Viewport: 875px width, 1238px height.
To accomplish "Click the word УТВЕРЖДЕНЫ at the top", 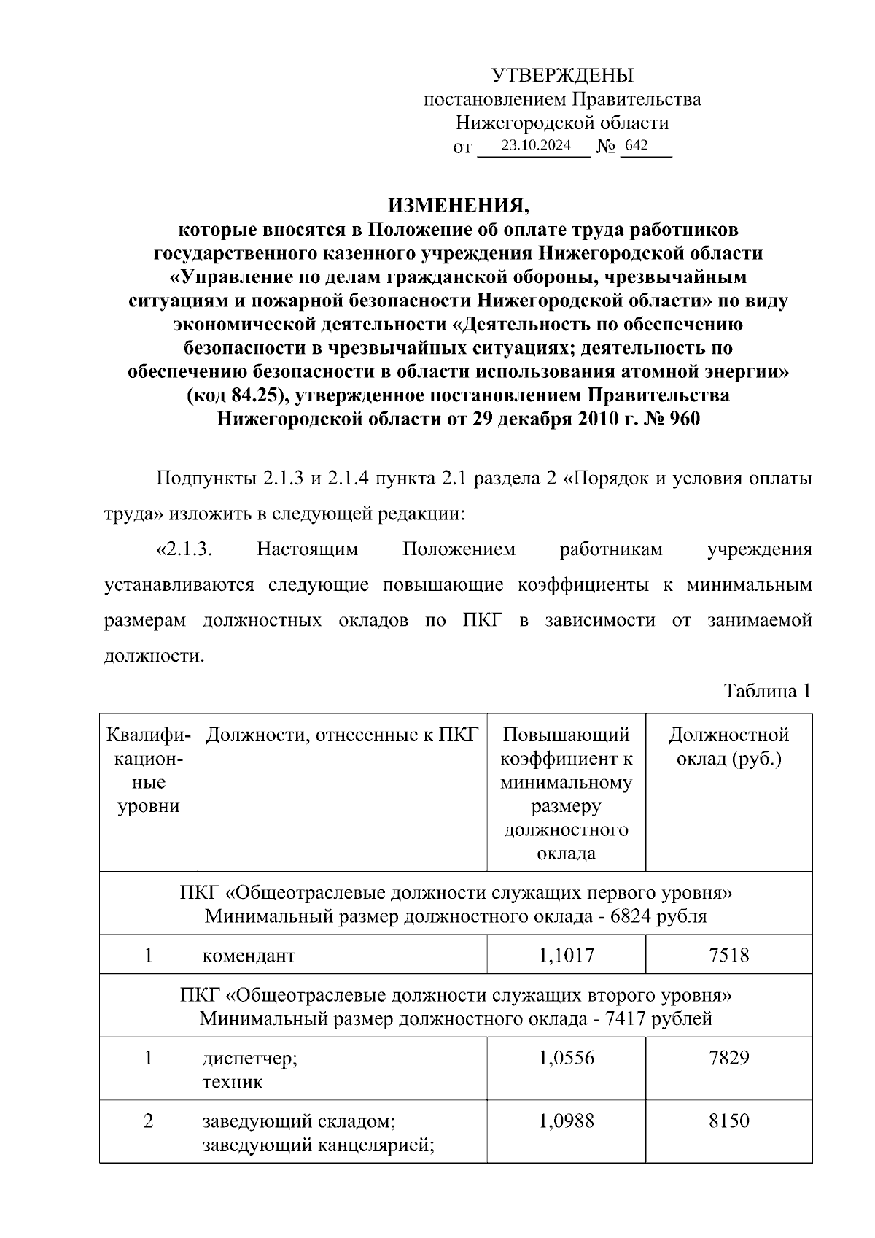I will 562,76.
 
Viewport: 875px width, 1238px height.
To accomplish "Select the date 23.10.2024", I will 536,145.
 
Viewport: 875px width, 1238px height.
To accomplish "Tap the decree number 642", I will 637,145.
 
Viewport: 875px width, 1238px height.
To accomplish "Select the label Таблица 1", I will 767,691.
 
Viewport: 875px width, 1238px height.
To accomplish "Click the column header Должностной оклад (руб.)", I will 728,746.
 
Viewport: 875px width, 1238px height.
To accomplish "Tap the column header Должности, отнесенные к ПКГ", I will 341,735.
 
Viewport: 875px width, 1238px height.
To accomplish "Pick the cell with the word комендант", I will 249,955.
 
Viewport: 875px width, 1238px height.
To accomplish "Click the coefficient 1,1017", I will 566,954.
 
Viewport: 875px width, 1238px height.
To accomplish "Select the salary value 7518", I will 728,954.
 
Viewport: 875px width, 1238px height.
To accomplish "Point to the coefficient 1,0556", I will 566,1058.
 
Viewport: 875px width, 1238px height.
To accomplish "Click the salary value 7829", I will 728,1058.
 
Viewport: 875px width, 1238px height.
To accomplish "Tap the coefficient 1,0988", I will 566,1121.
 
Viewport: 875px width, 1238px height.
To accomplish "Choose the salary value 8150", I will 728,1121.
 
